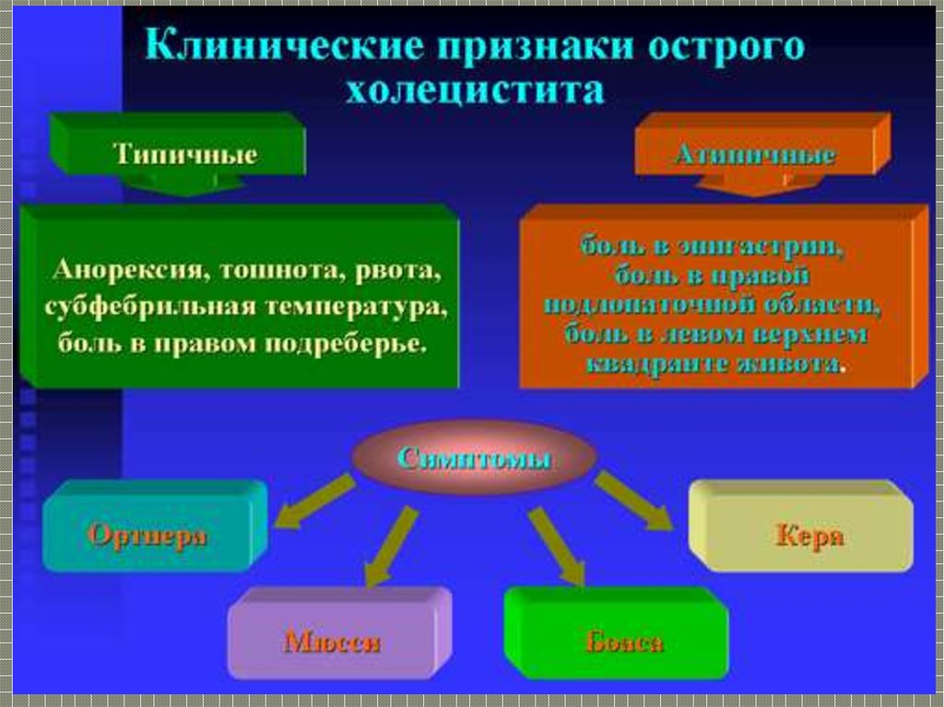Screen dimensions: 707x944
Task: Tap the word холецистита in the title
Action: click(475, 91)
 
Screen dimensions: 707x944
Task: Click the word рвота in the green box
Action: click(399, 273)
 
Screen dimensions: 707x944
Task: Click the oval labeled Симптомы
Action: click(474, 458)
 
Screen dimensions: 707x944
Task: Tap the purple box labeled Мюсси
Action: click(332, 642)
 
